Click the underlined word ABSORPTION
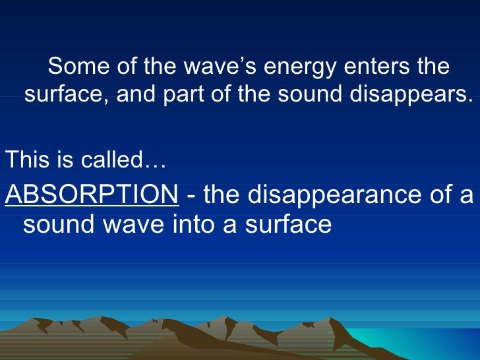pos(92,195)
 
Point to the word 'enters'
pos(375,67)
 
